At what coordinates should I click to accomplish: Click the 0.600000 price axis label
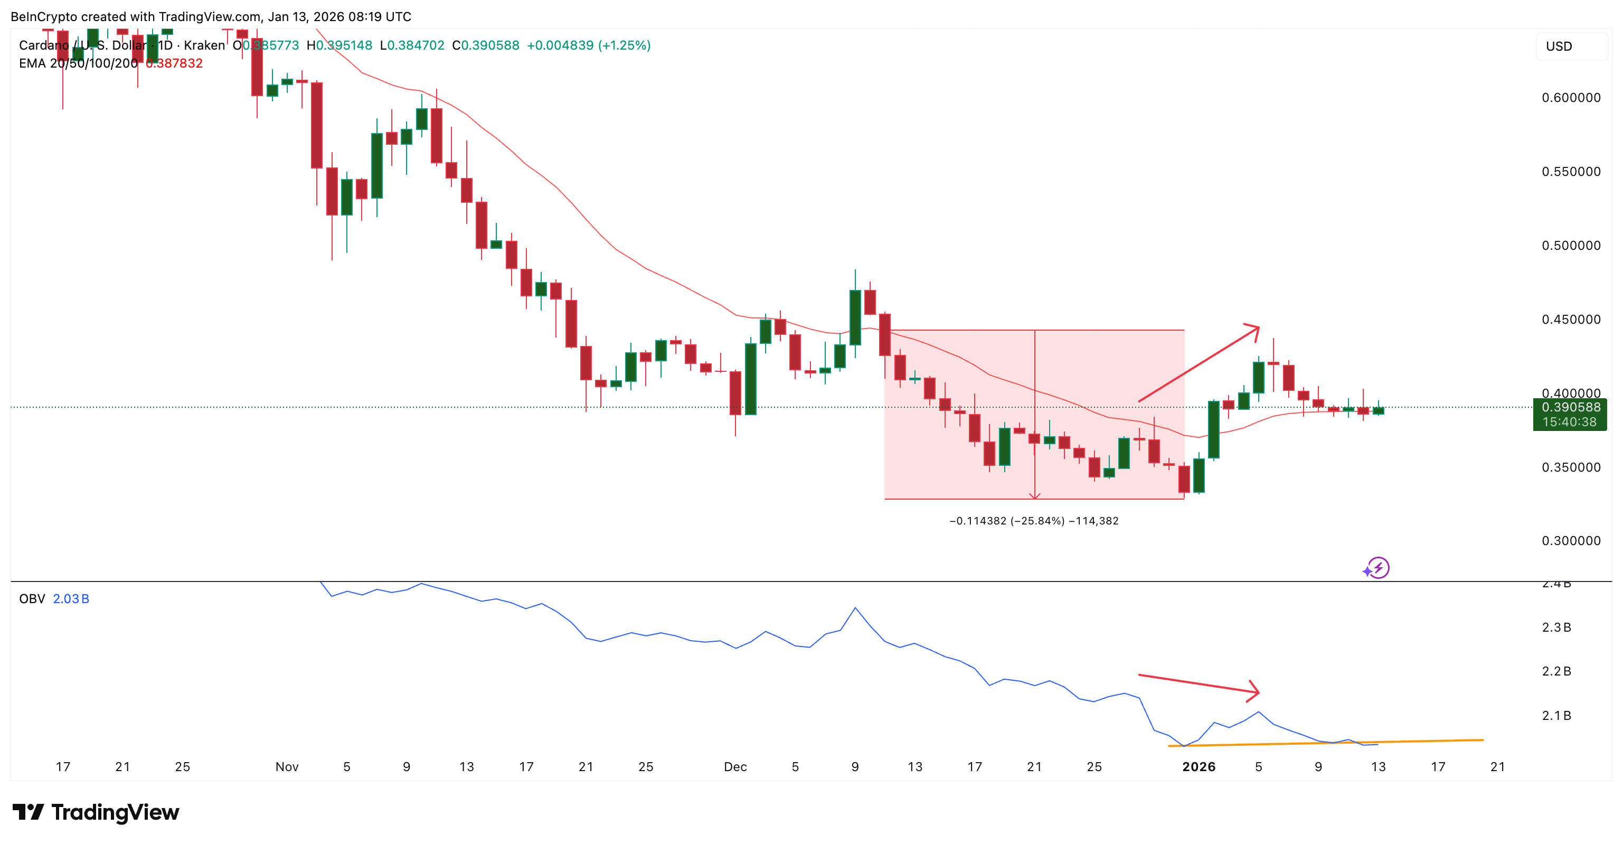coord(1570,98)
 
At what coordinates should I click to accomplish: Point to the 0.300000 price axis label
coord(1570,541)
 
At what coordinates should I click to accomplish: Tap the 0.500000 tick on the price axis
coord(1570,246)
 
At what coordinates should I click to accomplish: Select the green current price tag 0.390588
coord(1570,408)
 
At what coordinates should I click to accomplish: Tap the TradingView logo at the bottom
coord(96,812)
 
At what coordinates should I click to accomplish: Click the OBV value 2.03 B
coord(71,599)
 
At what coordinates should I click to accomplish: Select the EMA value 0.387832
coord(174,64)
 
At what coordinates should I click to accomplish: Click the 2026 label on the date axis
coord(1199,767)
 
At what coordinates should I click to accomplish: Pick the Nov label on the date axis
coord(287,767)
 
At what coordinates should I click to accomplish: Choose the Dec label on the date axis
coord(734,767)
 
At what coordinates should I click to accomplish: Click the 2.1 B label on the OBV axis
coord(1556,716)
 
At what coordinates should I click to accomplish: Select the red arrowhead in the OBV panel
coord(1254,691)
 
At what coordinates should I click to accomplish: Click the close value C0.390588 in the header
coord(485,45)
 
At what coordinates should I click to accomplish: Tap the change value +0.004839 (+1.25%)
coord(589,45)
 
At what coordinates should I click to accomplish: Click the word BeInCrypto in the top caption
coord(42,16)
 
